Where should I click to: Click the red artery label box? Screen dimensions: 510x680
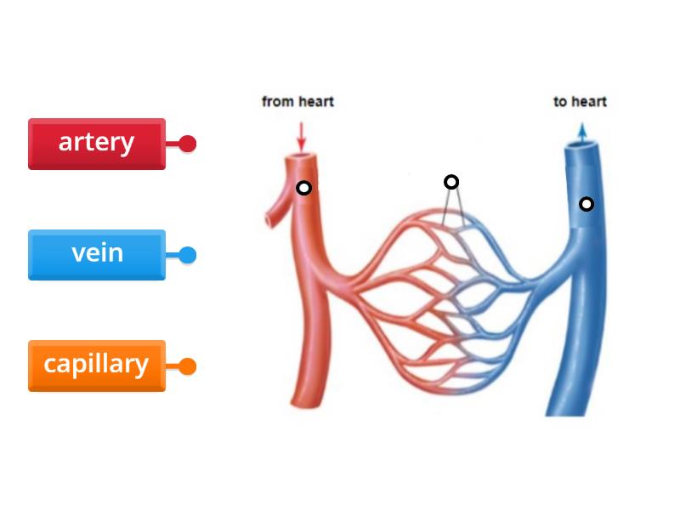96,143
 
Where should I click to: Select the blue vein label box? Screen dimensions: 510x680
96,253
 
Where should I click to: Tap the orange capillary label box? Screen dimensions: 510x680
96,365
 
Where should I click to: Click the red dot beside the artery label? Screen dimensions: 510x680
187,144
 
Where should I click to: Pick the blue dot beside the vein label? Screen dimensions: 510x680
187,254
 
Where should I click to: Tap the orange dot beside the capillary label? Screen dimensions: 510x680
187,366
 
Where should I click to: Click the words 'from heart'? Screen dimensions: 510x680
297,102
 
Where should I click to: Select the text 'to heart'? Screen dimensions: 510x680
580,102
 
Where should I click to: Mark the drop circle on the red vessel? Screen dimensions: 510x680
303,188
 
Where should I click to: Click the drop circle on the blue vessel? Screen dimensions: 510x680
586,204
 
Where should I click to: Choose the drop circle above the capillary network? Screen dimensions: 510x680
451,182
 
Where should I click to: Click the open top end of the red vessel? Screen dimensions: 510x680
300,160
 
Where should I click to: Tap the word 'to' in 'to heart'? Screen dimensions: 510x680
560,102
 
